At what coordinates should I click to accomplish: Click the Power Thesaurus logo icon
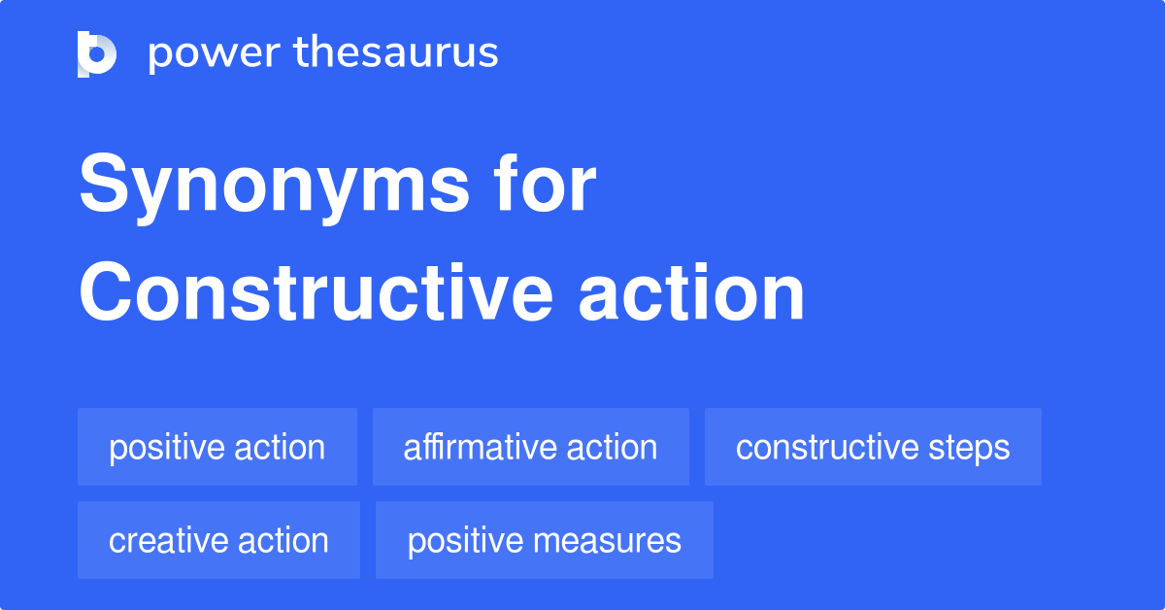(97, 53)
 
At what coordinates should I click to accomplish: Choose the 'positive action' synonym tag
(217, 447)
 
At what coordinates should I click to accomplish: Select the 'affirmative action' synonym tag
(530, 447)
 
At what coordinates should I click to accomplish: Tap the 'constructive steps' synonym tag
(873, 447)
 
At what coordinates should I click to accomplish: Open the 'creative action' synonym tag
(218, 540)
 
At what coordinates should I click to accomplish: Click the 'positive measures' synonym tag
(544, 540)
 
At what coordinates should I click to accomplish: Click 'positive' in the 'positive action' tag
(162, 448)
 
